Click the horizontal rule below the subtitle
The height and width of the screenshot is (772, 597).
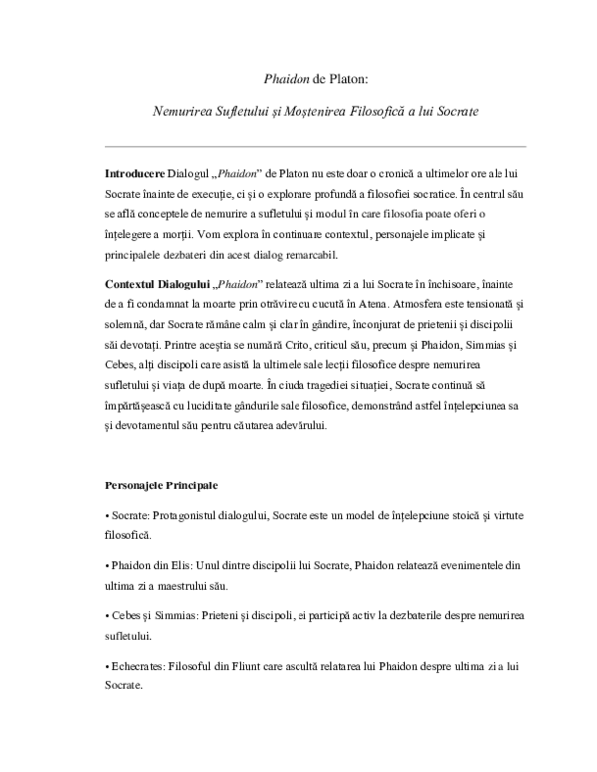(298, 143)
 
